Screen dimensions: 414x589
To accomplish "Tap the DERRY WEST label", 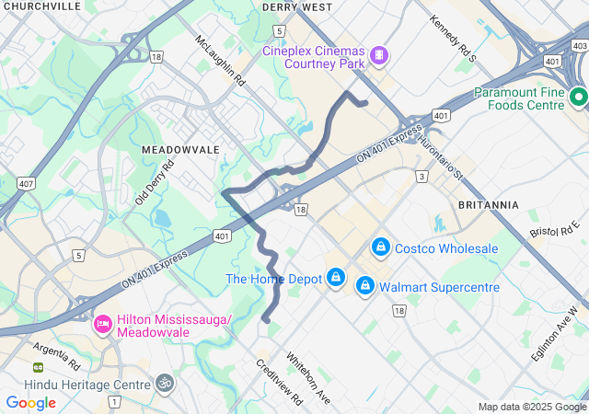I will click(x=296, y=6).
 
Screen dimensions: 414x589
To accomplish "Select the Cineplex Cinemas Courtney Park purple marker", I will click(x=377, y=56).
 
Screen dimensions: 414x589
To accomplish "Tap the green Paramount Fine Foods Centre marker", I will click(x=578, y=97).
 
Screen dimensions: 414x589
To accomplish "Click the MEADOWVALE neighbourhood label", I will click(x=180, y=149).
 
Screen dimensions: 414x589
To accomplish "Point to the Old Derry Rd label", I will click(x=155, y=183).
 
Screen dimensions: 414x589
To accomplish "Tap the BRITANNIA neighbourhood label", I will click(x=488, y=204).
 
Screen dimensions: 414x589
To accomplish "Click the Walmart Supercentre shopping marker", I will click(x=365, y=286).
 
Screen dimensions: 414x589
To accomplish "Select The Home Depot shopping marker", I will click(x=337, y=278).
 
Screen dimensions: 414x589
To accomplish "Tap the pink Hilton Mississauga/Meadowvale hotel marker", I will click(x=102, y=324).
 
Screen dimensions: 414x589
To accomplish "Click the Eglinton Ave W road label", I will click(x=555, y=338).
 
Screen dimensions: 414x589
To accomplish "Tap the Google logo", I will click(x=30, y=403).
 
